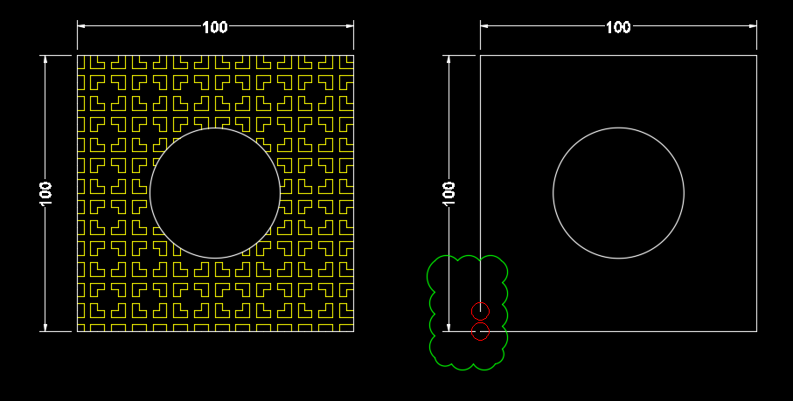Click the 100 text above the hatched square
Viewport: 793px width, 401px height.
point(215,27)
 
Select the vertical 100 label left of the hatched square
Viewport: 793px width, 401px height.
point(46,193)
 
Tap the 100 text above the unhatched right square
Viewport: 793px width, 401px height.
point(618,27)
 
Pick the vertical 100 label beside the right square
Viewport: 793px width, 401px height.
point(449,193)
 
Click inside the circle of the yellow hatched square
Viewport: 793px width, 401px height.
point(215,193)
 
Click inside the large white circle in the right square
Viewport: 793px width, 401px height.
point(618,193)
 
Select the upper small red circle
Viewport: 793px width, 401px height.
point(480,311)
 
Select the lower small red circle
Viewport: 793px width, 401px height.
point(480,332)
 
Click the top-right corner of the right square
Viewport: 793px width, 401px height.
point(756,56)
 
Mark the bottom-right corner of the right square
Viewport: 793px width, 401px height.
point(756,332)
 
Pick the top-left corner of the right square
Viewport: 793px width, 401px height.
point(480,56)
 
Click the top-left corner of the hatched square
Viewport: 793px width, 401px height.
point(78,56)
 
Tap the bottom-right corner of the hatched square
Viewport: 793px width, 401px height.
point(353,332)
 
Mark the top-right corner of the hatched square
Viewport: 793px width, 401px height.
point(353,56)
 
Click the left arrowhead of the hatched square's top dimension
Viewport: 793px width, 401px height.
point(81,26)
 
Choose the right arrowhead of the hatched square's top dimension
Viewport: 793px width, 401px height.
point(350,26)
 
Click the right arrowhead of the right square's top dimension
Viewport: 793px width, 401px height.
point(753,26)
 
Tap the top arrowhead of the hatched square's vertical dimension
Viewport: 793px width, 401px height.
point(45,59)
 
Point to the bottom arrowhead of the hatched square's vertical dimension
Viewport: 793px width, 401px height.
point(45,328)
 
